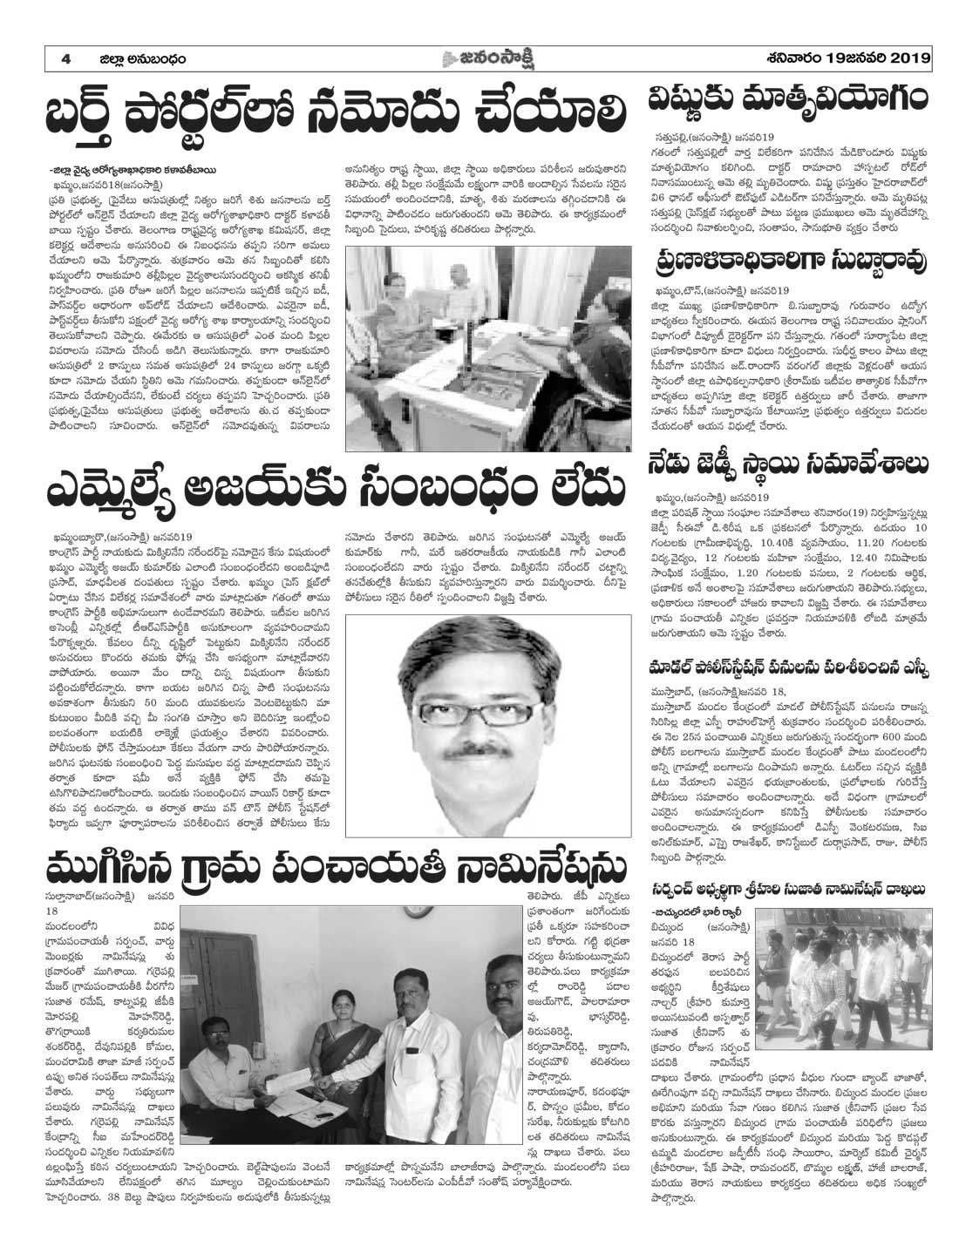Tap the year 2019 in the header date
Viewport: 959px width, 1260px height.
tap(908, 59)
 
